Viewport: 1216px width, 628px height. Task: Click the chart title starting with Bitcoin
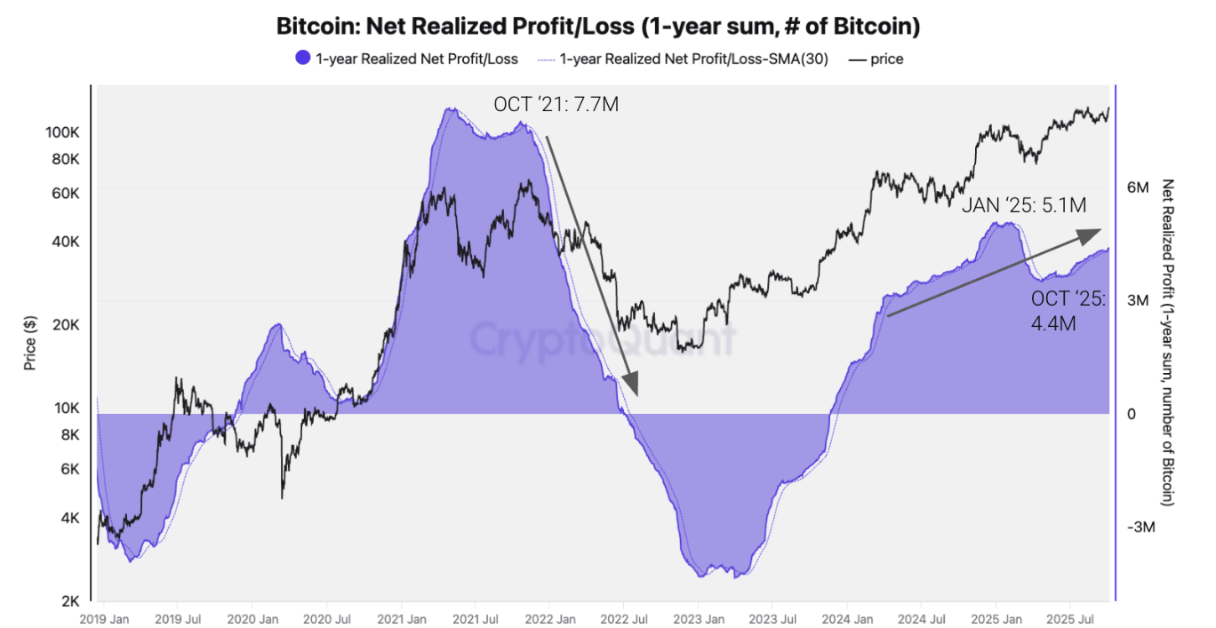click(597, 27)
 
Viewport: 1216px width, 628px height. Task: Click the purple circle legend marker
click(302, 60)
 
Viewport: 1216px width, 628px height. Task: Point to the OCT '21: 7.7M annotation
click(556, 105)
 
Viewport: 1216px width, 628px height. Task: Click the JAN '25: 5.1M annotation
click(1023, 205)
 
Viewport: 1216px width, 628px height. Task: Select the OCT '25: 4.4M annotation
click(1068, 311)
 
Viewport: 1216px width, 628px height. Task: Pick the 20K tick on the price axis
click(66, 324)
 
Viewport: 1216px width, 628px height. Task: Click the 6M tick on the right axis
click(1138, 187)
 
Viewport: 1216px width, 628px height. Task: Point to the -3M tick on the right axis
click(1140, 528)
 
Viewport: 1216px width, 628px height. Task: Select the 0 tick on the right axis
click(1132, 414)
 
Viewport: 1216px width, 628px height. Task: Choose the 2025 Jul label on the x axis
click(1071, 616)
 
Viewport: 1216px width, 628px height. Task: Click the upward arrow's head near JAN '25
click(1092, 233)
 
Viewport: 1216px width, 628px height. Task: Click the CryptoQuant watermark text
click(603, 338)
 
